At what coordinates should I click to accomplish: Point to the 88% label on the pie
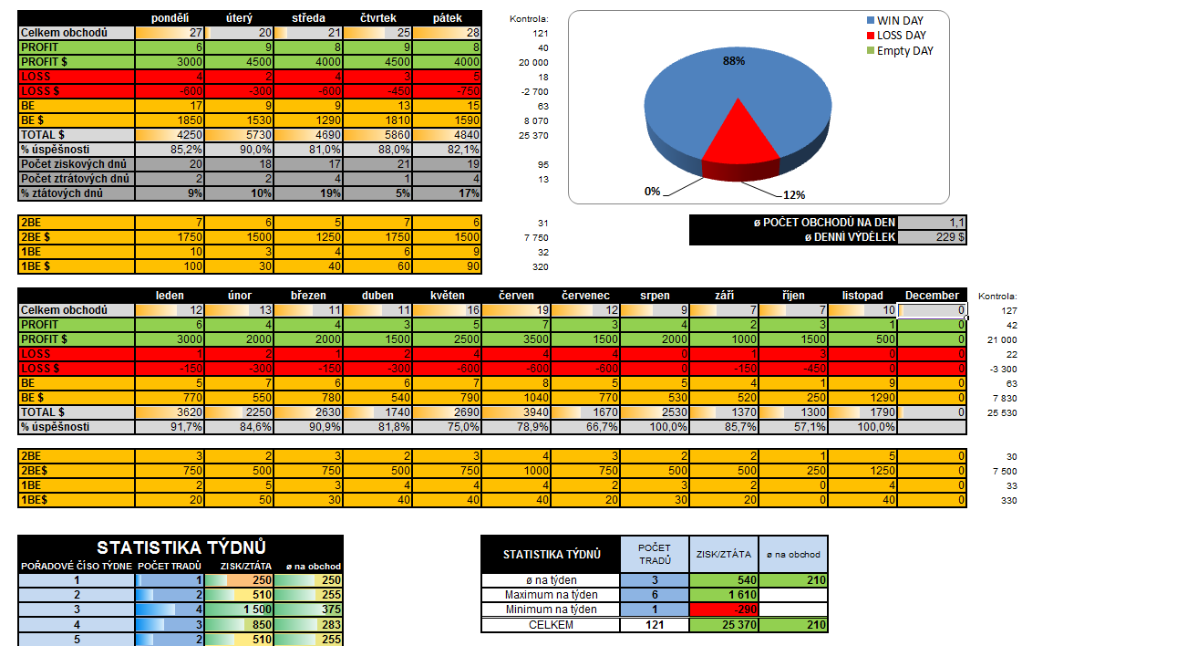(x=734, y=61)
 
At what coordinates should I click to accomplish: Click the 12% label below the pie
(x=794, y=193)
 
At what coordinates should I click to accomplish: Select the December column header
(x=932, y=296)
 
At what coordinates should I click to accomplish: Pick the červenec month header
(x=585, y=296)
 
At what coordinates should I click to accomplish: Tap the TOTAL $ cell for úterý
(x=241, y=135)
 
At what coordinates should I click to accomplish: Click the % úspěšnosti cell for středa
(x=310, y=150)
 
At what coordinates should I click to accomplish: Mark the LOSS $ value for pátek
(x=449, y=91)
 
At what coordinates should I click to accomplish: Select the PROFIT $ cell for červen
(x=516, y=339)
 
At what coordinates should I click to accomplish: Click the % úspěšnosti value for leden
(x=170, y=427)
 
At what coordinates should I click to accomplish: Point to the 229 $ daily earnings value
(x=932, y=237)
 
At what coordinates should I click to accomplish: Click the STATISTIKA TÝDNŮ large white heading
(x=181, y=547)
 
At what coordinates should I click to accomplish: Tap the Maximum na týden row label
(x=551, y=595)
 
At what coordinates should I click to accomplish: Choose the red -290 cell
(x=724, y=610)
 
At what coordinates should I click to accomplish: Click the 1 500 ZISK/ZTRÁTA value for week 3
(x=240, y=610)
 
